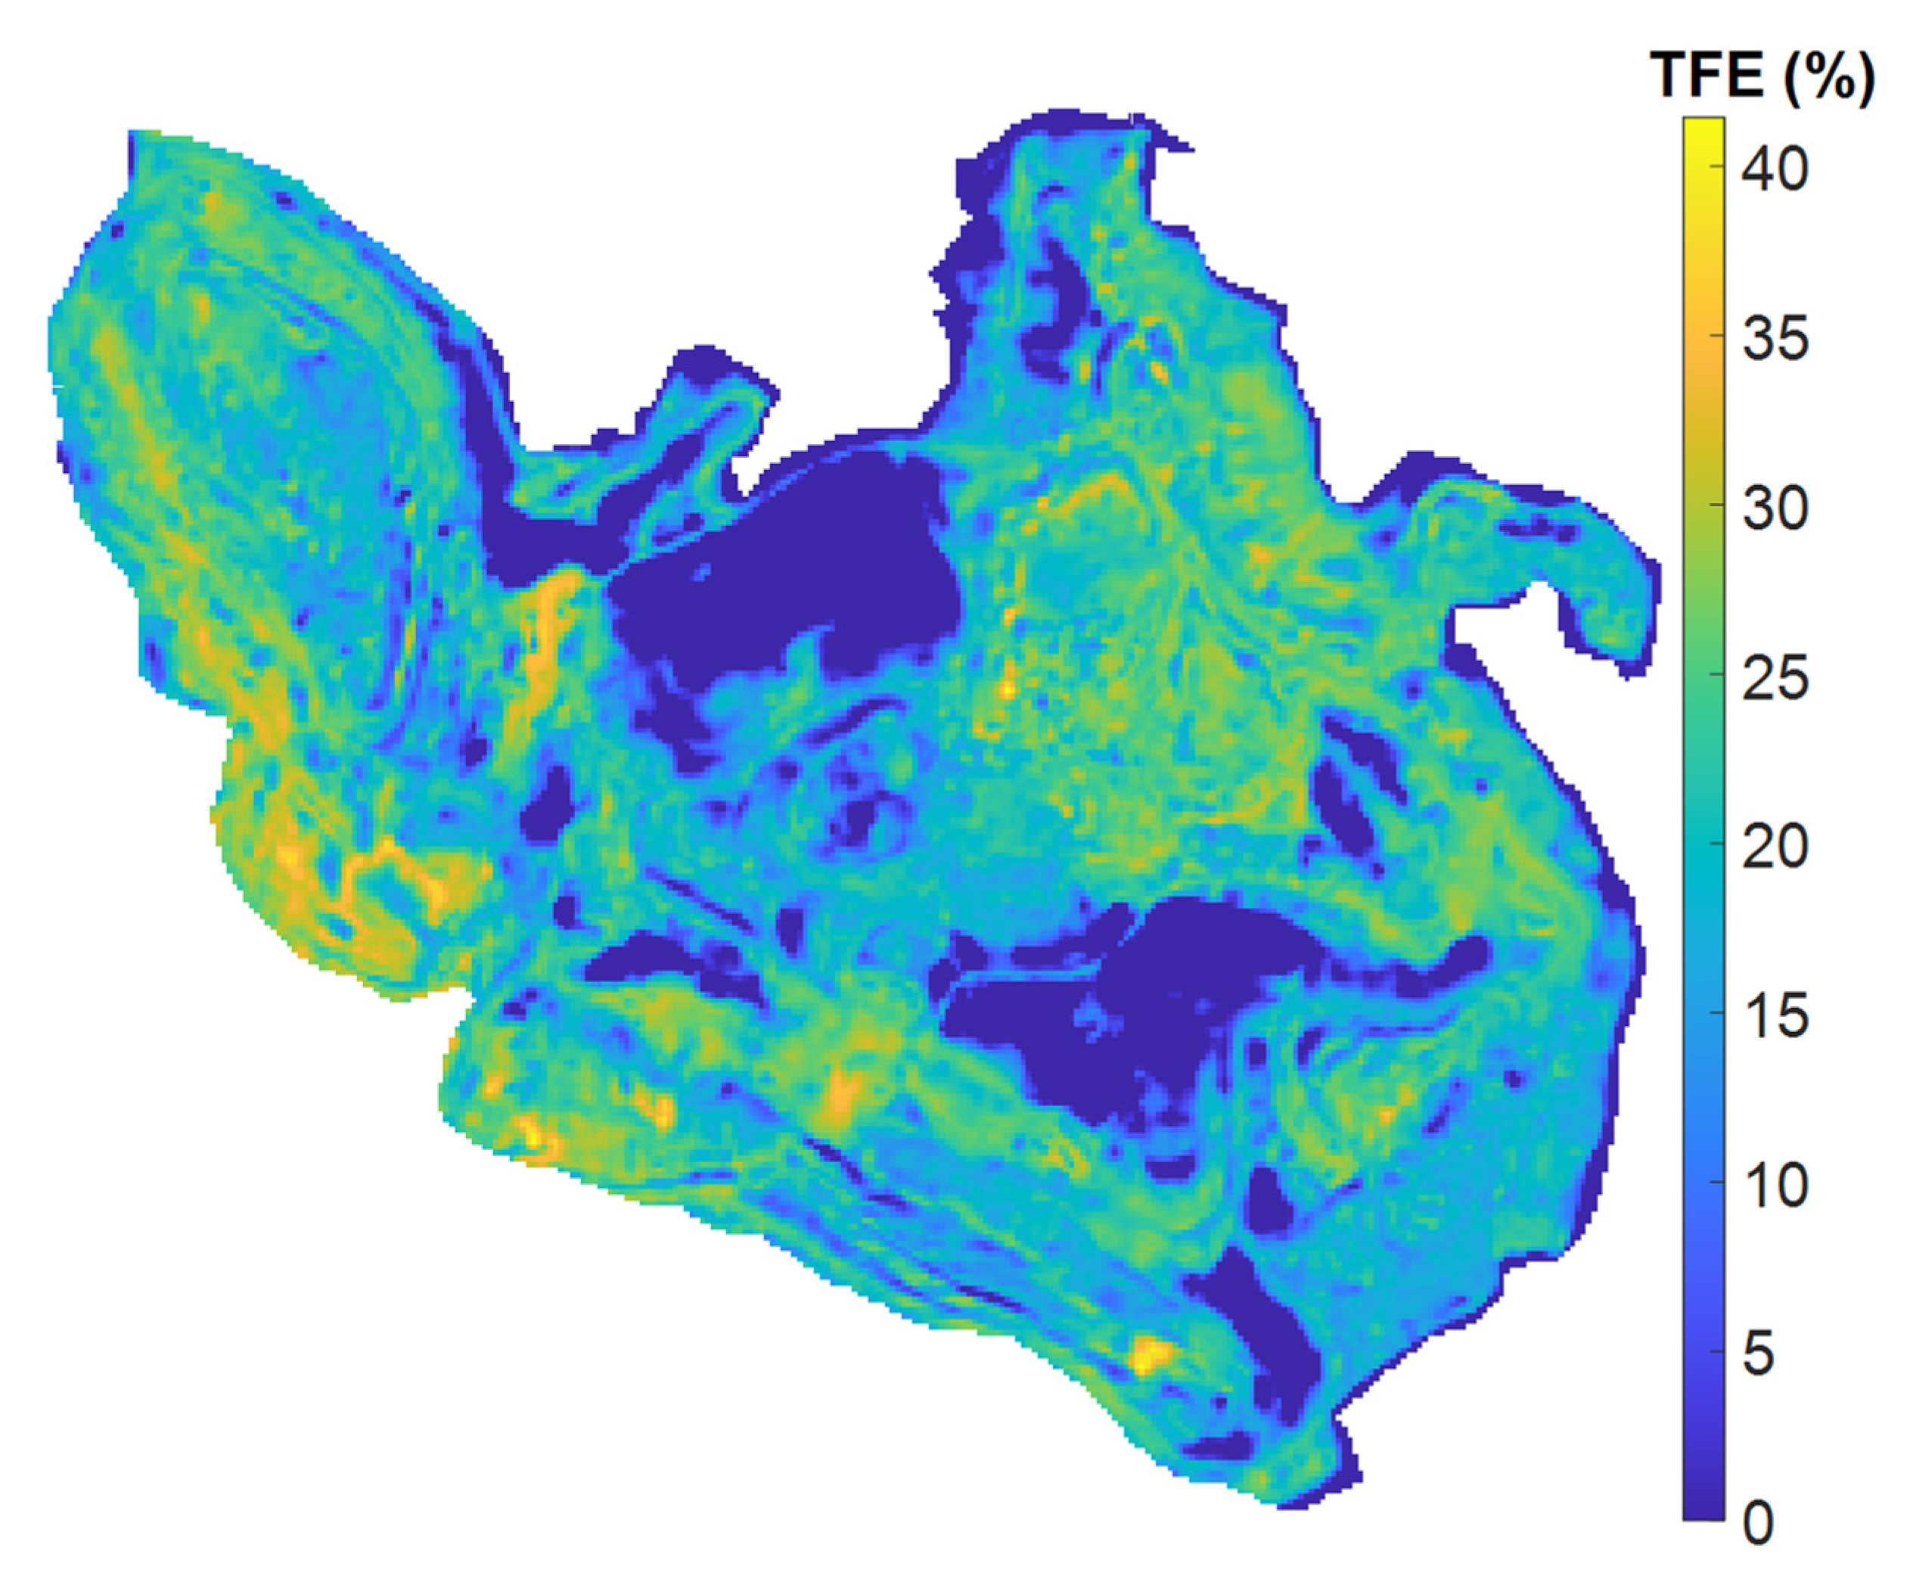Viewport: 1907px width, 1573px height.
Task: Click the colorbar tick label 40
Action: [x=1774, y=169]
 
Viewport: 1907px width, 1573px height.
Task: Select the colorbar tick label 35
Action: [x=1774, y=339]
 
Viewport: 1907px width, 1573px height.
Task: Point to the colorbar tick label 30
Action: [x=1774, y=508]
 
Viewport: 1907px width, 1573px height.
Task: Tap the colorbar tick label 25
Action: [x=1774, y=678]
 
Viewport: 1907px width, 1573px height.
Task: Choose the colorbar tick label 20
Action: [x=1774, y=847]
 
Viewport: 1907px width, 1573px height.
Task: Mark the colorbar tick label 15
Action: [x=1774, y=1015]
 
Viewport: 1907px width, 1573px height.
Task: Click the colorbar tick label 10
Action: [x=1774, y=1185]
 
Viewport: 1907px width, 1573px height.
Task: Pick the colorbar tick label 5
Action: [x=1757, y=1354]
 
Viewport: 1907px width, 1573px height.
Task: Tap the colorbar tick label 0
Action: [x=1757, y=1524]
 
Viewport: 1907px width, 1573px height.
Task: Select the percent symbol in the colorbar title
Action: [x=1829, y=77]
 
